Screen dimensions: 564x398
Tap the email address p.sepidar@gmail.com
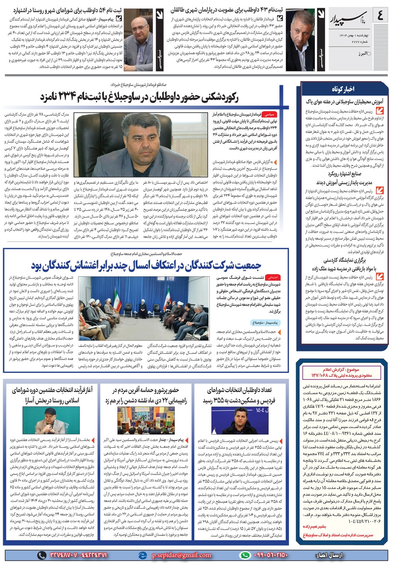pos(181,555)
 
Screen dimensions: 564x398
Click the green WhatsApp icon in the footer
pos(245,555)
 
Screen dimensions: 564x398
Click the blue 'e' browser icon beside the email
pos(142,555)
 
